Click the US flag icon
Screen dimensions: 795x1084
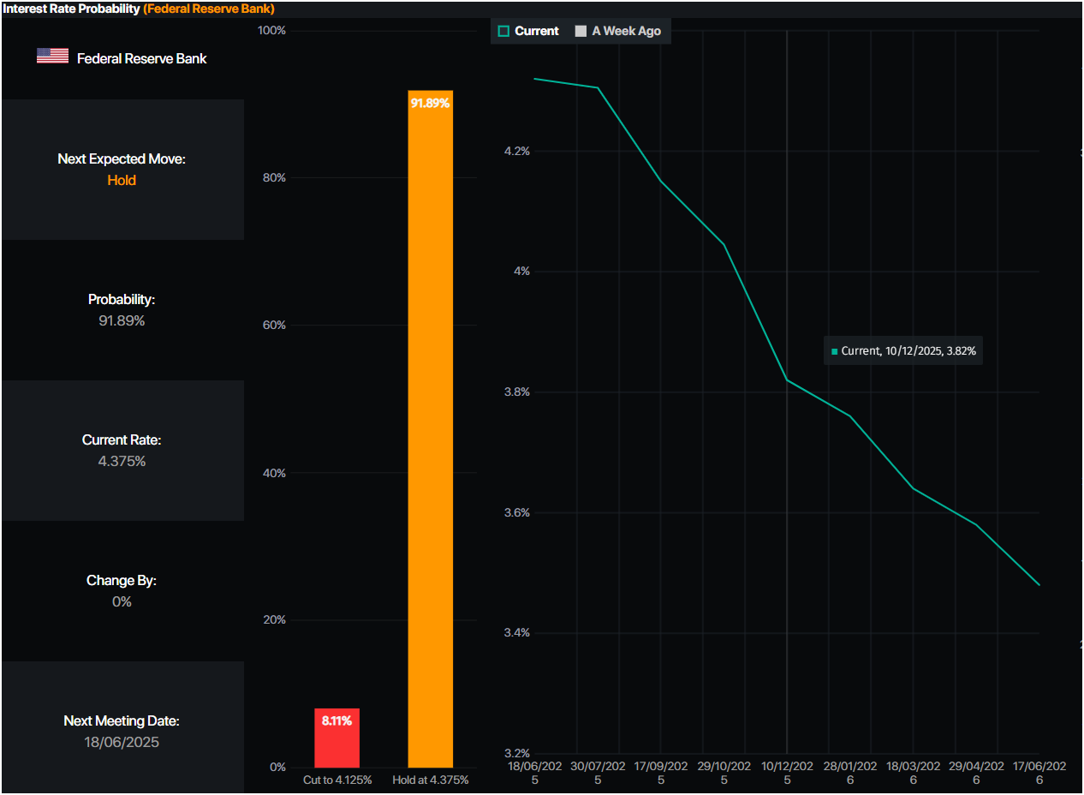click(x=52, y=57)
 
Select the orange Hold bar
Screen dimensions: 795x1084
click(x=430, y=428)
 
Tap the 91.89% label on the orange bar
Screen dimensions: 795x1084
click(x=430, y=103)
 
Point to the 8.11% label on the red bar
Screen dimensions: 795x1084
click(x=337, y=720)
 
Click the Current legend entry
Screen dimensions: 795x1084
click(x=528, y=31)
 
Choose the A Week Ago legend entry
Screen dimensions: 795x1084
click(x=617, y=31)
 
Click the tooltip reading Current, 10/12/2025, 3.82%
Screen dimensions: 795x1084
click(x=903, y=350)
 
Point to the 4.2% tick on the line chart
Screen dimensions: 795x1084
click(x=517, y=151)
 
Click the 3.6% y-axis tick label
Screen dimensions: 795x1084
click(x=517, y=513)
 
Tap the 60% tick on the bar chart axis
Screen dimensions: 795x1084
click(x=272, y=326)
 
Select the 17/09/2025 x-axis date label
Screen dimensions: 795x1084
click(x=661, y=773)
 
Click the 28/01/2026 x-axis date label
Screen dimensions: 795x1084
click(x=850, y=773)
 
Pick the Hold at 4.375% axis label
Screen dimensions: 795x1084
click(x=431, y=780)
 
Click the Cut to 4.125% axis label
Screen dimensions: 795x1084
click(x=337, y=780)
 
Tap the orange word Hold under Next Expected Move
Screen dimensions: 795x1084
click(x=122, y=180)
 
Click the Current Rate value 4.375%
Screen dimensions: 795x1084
click(x=122, y=461)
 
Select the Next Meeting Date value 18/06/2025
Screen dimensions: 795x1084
click(x=122, y=742)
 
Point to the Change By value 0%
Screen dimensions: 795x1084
click(x=122, y=601)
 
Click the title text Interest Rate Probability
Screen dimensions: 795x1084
click(x=71, y=9)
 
